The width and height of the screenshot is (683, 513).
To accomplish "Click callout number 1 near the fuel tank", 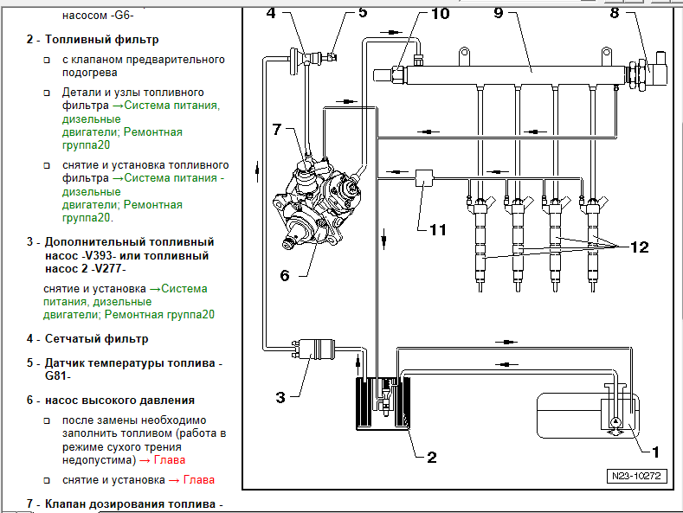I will coord(655,451).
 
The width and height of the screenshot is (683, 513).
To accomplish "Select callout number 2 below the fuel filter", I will coord(431,458).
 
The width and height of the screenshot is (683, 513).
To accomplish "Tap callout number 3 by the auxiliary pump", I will coord(280,397).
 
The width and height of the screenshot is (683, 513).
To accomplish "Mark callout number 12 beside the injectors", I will coord(639,247).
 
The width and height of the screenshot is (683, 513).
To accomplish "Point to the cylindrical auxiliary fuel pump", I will coord(319,348).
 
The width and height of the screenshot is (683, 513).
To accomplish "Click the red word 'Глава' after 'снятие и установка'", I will coord(199,479).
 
